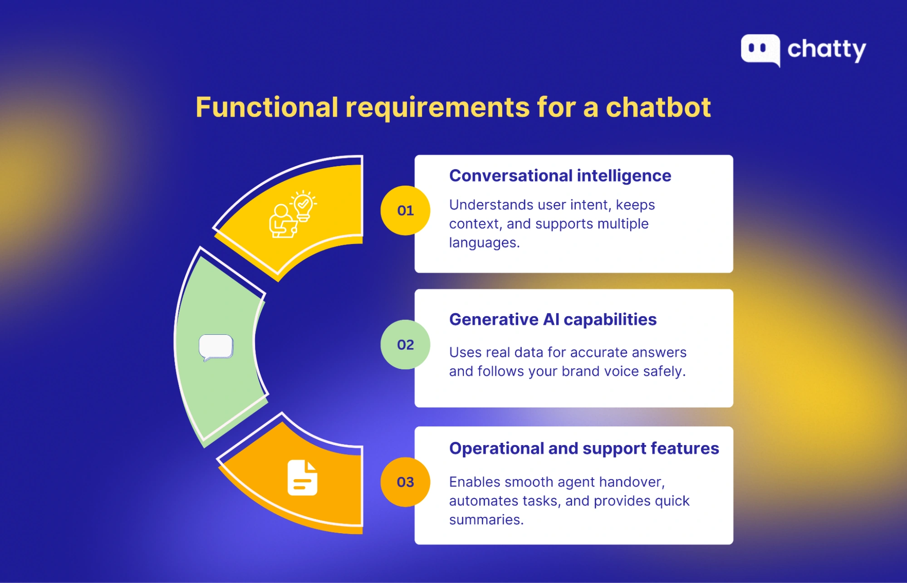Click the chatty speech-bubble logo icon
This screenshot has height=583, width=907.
(x=760, y=49)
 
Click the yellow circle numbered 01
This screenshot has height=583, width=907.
(x=405, y=211)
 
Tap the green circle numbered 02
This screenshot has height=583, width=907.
(x=405, y=345)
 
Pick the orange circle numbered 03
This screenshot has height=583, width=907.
(x=405, y=482)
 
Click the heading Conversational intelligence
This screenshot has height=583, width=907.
(x=560, y=176)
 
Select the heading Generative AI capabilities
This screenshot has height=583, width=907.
(x=553, y=319)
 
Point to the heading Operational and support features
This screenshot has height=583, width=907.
(x=584, y=448)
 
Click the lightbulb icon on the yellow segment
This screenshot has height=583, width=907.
(x=303, y=206)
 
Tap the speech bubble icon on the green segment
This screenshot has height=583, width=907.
(x=216, y=348)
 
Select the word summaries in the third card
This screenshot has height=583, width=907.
(x=485, y=519)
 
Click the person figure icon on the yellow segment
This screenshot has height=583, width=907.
(x=281, y=222)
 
